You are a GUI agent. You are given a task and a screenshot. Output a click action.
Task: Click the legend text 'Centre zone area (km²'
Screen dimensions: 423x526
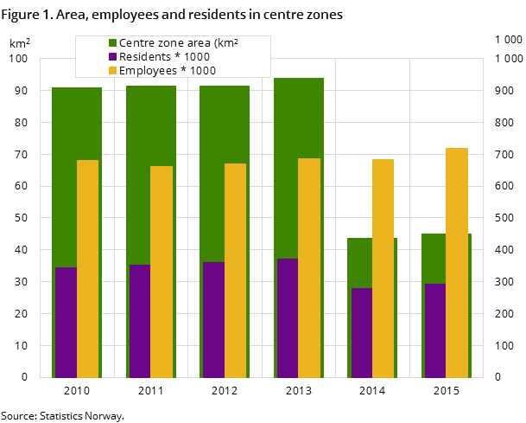tap(178, 43)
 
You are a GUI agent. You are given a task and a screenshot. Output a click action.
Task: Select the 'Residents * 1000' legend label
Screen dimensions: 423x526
tap(164, 57)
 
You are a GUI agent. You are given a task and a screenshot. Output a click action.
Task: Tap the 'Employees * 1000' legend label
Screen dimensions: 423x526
tap(168, 71)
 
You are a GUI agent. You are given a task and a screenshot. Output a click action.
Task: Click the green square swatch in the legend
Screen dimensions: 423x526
tap(112, 43)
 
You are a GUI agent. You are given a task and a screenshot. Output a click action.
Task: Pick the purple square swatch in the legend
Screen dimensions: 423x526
tap(112, 57)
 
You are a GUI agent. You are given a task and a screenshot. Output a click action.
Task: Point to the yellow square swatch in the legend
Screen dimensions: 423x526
tap(112, 71)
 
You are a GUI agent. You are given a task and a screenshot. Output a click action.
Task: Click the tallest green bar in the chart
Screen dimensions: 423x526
tap(299, 121)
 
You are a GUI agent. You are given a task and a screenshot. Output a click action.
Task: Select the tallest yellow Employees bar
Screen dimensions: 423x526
tap(457, 260)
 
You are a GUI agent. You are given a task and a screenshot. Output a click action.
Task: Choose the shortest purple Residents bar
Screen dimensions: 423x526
tap(361, 333)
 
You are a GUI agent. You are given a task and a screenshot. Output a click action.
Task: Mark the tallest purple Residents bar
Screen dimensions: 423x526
tap(287, 318)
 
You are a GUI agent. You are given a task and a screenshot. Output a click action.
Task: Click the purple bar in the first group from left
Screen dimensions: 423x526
tap(66, 323)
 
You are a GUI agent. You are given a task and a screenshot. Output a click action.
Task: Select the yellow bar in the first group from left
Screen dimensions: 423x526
tap(87, 268)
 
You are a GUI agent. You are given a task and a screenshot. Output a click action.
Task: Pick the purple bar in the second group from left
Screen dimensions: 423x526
tap(140, 321)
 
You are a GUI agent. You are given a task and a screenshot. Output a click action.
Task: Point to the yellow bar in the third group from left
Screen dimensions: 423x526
tap(235, 270)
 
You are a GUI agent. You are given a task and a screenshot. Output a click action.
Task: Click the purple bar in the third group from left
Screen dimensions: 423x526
tap(213, 320)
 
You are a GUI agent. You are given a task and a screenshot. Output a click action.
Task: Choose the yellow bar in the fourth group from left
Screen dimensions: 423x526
tap(309, 268)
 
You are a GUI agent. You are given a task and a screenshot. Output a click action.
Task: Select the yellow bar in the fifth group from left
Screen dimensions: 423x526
tap(383, 268)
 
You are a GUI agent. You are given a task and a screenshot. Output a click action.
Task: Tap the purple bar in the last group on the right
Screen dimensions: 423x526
tap(434, 330)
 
